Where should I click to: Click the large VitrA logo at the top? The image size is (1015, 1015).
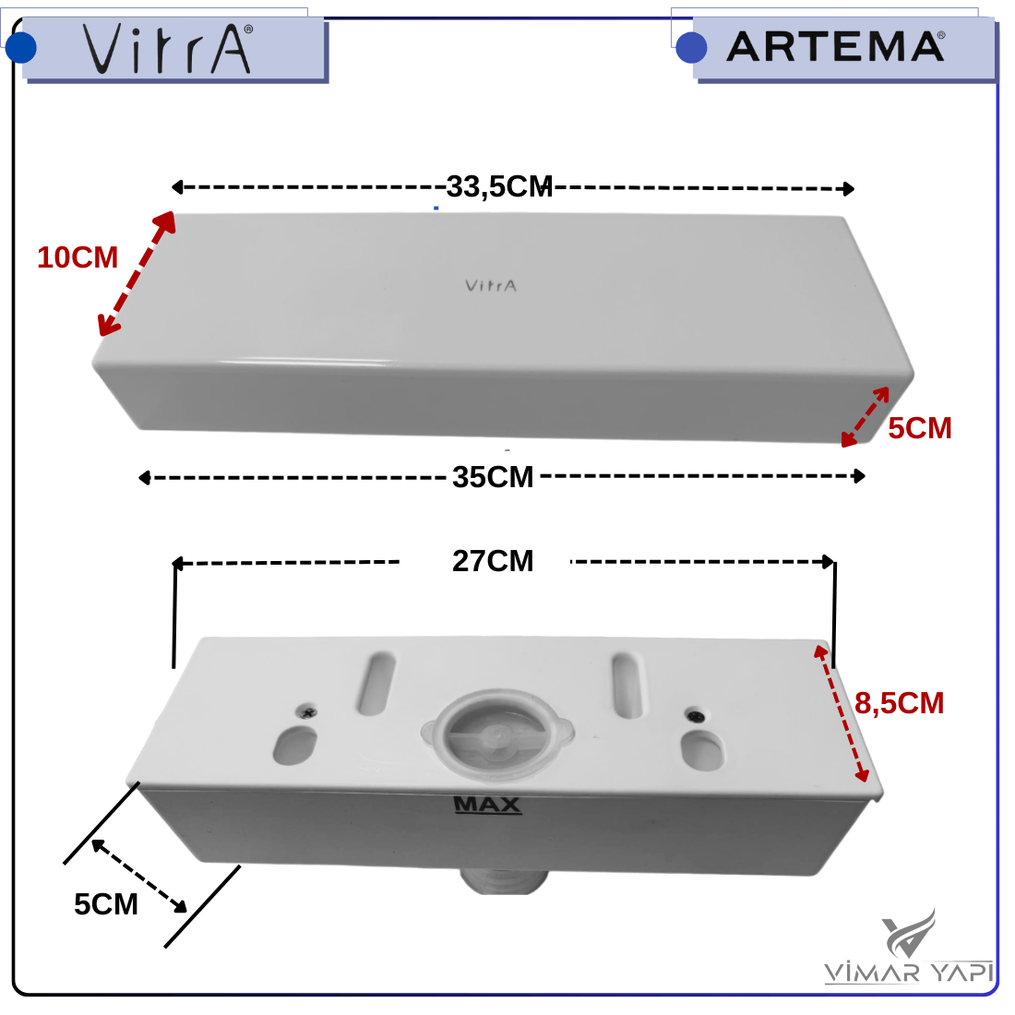[x=168, y=49]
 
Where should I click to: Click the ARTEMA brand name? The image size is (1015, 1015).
[x=836, y=47]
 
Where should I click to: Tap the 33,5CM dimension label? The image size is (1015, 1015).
[x=499, y=186]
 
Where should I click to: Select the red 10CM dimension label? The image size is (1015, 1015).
[x=78, y=257]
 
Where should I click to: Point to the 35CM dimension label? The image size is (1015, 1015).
[x=493, y=477]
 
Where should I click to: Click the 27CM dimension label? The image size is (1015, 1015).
[x=493, y=561]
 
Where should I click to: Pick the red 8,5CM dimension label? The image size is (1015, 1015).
[x=899, y=703]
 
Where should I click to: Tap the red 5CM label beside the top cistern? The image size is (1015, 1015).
[x=920, y=428]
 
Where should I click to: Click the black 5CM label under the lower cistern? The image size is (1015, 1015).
[x=106, y=903]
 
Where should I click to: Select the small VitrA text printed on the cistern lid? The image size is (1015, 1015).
[x=491, y=285]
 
